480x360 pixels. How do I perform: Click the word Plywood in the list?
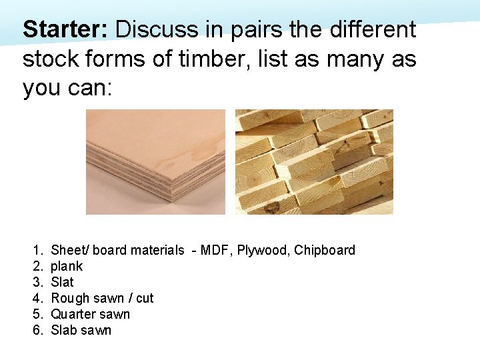(263, 251)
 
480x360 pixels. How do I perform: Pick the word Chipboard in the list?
(325, 251)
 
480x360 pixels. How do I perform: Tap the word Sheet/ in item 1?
(69, 251)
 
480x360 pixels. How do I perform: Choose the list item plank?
(67, 267)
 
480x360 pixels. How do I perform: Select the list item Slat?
(62, 283)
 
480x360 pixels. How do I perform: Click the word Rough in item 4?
(69, 299)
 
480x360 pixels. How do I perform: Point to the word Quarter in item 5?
(73, 315)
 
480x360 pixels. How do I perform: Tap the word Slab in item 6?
(63, 331)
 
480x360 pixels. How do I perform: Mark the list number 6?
(37, 331)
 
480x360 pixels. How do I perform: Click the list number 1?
(37, 251)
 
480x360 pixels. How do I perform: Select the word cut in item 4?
(145, 299)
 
